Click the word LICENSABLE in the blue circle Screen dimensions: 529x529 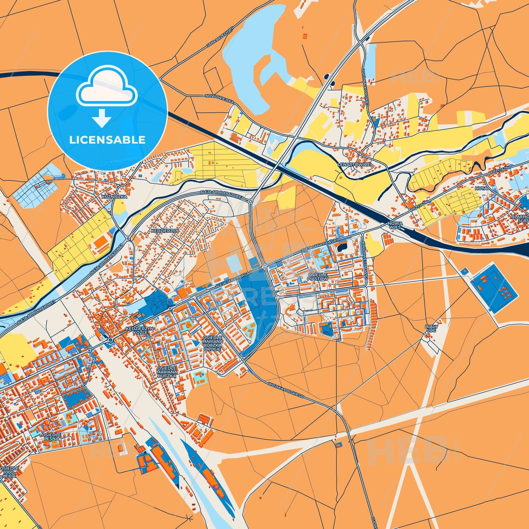click(x=107, y=139)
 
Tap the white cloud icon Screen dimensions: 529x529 click(x=107, y=86)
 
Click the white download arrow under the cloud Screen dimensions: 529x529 click(x=102, y=118)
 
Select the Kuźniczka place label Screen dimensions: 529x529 click(x=114, y=197)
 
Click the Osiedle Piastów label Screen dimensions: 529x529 click(x=317, y=276)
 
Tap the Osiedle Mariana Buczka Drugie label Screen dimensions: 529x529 click(x=212, y=343)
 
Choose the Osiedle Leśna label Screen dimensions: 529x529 click(x=52, y=436)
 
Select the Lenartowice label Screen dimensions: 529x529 click(x=354, y=165)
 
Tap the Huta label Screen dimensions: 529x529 click(x=481, y=188)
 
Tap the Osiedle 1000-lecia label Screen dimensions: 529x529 click(x=9, y=472)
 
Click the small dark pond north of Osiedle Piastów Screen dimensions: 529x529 click(x=342, y=247)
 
